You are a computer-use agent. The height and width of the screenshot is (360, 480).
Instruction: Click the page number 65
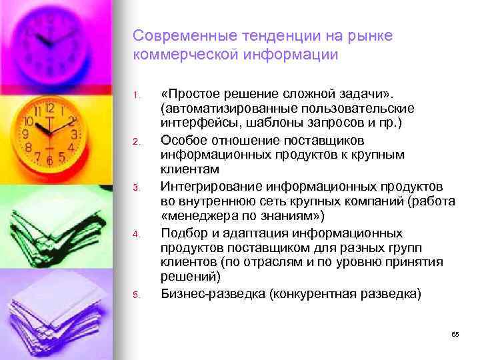click(x=455, y=334)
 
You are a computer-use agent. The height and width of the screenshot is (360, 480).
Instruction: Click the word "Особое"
click(x=183, y=139)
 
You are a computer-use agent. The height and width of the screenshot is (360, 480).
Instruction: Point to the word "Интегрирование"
click(x=205, y=184)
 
